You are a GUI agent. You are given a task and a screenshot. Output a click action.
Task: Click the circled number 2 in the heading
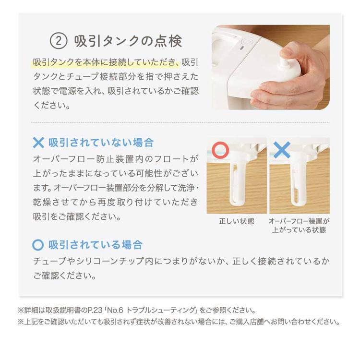click(59, 41)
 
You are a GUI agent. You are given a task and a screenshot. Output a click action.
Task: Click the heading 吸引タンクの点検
click(128, 41)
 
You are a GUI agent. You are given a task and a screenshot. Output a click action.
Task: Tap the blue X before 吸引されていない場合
click(38, 143)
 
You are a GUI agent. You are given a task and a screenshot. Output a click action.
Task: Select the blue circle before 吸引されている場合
click(38, 245)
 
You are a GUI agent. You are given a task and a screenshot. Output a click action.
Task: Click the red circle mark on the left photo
click(220, 150)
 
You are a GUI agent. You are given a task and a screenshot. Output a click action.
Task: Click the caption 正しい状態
click(236, 221)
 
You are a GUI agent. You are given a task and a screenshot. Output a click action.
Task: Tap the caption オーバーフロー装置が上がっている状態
click(299, 226)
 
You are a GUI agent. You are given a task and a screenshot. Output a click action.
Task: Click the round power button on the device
click(243, 42)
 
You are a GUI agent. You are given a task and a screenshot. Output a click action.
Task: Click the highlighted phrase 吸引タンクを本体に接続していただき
click(106, 63)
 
